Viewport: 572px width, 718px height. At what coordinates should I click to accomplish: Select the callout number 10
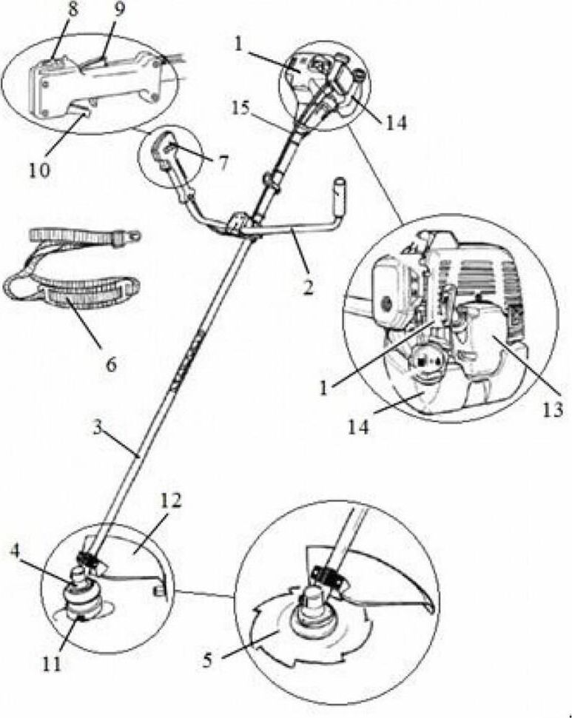[x=39, y=170]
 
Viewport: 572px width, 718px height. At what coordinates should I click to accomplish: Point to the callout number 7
[x=223, y=162]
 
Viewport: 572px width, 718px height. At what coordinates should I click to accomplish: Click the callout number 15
[x=240, y=109]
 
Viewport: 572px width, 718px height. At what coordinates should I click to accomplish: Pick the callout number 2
[x=309, y=287]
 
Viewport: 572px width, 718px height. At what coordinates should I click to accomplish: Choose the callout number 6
[x=110, y=364]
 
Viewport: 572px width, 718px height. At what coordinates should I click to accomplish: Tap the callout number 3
[x=97, y=428]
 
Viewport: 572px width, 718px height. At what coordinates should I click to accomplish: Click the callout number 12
[x=170, y=500]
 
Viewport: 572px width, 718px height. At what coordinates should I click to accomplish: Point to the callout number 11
[x=51, y=664]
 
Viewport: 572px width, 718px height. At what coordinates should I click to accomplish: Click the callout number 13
[x=553, y=410]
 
